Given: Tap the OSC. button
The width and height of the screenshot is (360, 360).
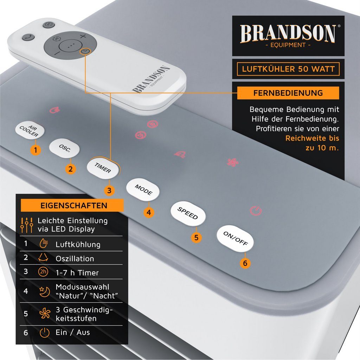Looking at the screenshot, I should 65,149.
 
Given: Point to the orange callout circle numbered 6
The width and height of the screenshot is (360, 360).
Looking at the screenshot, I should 245,263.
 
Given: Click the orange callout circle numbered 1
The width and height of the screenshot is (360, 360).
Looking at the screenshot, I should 35,150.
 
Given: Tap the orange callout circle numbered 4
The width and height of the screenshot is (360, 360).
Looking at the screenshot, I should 149,213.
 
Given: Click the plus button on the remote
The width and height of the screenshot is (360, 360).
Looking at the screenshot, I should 83,36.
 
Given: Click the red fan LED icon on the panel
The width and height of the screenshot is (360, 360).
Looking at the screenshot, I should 232,162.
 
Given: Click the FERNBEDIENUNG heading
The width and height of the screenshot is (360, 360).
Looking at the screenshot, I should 288,93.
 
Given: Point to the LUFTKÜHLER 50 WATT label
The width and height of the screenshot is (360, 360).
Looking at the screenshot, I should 288,69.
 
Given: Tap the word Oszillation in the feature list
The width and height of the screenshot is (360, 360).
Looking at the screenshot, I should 75,258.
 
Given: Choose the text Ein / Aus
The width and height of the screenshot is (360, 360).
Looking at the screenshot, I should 73,332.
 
